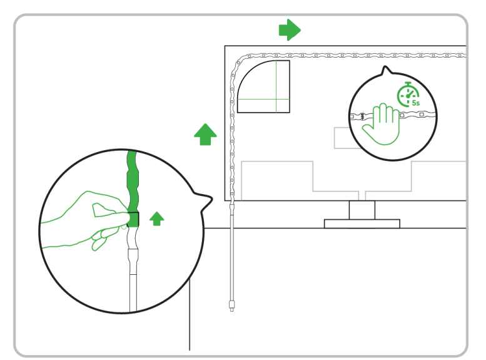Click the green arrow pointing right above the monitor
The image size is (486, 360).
pyautogui.click(x=290, y=30)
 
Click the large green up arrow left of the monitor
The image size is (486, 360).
pyautogui.click(x=205, y=134)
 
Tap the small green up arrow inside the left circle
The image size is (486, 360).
pyautogui.click(x=157, y=219)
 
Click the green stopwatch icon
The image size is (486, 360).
pyautogui.click(x=408, y=95)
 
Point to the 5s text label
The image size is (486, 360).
pyautogui.click(x=416, y=103)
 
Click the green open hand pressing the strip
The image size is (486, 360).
pyautogui.click(x=382, y=125)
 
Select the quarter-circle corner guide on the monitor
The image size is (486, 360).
pyautogui.click(x=263, y=86)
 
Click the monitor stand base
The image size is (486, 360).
pyautogui.click(x=362, y=224)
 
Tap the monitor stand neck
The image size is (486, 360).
pyautogui.click(x=362, y=210)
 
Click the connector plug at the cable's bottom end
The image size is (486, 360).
pyautogui.click(x=231, y=306)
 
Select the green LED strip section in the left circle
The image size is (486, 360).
pyautogui.click(x=133, y=188)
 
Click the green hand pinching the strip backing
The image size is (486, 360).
pyautogui.click(x=87, y=220)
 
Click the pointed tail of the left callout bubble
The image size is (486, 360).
pyautogui.click(x=212, y=198)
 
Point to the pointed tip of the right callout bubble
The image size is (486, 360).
pyautogui.click(x=385, y=66)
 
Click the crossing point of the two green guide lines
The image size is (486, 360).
pyautogui.click(x=276, y=100)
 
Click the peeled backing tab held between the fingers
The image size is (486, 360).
pyautogui.click(x=104, y=210)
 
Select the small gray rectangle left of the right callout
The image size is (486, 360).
pyautogui.click(x=344, y=138)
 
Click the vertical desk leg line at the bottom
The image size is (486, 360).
pyautogui.click(x=190, y=314)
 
